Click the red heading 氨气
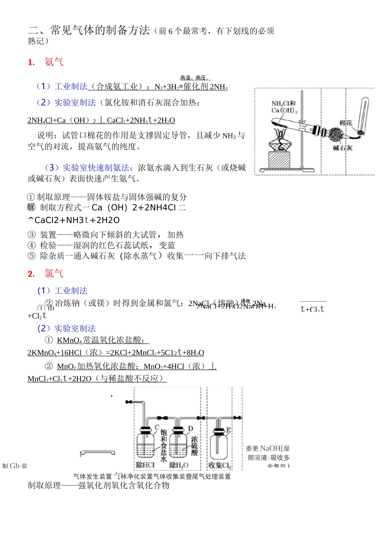click(54, 62)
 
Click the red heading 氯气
click(54, 274)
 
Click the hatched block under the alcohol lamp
click(279, 160)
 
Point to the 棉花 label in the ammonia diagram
click(346, 123)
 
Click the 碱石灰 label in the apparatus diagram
click(342, 148)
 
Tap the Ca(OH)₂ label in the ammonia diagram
click(284, 110)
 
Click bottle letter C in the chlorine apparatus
click(157, 428)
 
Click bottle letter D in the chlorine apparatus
click(191, 429)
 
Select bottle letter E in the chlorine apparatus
click(228, 430)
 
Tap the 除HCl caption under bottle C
click(145, 465)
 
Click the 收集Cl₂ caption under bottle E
click(220, 465)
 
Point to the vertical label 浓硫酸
click(194, 446)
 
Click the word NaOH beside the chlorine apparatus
click(270, 448)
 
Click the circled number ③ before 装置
click(32, 235)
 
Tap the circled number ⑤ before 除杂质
click(32, 256)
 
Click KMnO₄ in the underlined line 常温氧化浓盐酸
click(69, 340)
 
